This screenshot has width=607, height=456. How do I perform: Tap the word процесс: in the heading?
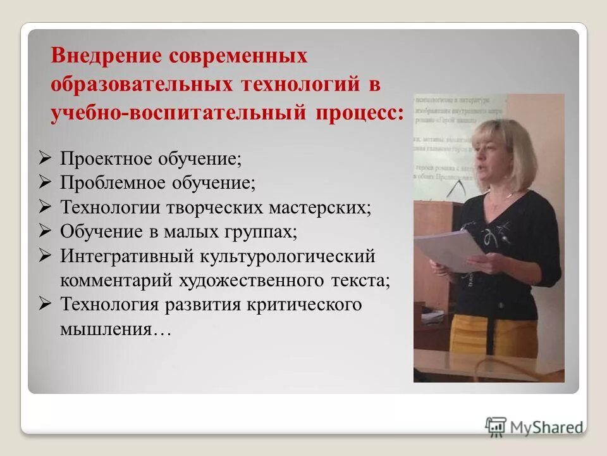[x=356, y=113]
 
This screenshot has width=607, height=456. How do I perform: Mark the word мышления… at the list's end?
[x=116, y=329]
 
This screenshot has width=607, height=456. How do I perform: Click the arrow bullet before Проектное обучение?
[x=45, y=158]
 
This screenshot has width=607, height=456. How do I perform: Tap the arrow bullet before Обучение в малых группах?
[x=45, y=231]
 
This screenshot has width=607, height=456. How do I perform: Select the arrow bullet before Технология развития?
[x=45, y=305]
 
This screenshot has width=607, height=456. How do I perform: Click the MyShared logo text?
[x=547, y=427]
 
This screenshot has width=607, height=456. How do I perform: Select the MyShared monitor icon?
[x=496, y=426]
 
